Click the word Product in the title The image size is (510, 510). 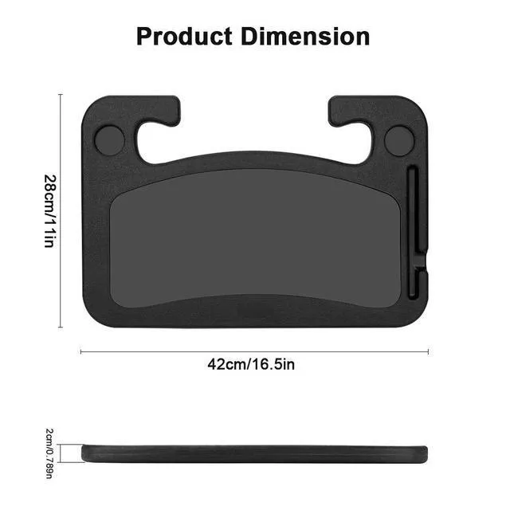[x=184, y=37]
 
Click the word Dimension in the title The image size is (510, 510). [x=305, y=37]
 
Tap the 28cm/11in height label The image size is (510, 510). [x=50, y=211]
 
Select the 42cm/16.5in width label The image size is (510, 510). [x=251, y=364]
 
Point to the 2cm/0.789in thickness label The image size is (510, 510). [x=49, y=453]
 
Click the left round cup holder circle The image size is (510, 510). [x=110, y=140]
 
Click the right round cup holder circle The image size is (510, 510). [x=399, y=141]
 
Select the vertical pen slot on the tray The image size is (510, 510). [x=412, y=233]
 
